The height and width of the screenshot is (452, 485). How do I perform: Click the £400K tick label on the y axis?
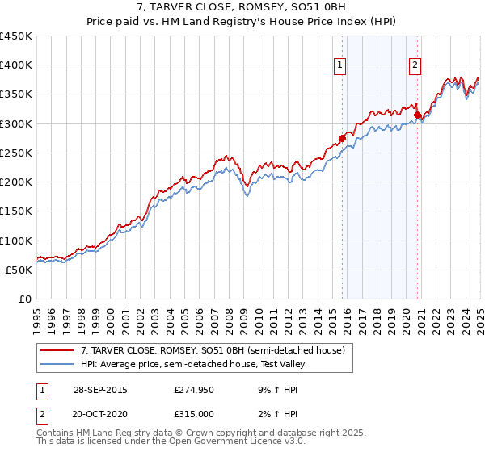tap(16, 65)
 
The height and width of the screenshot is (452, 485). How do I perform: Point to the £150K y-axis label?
tap(16, 211)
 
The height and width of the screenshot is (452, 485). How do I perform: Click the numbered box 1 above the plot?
tap(339, 66)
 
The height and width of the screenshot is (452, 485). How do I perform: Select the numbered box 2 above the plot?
tap(415, 66)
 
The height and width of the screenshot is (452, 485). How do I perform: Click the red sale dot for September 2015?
tap(342, 138)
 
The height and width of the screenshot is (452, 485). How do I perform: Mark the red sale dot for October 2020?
tap(417, 115)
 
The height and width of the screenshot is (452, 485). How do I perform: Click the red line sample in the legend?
tap(58, 350)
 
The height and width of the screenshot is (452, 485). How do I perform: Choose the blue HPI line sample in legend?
tap(58, 364)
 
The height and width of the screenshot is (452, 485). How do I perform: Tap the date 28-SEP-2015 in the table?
tap(100, 389)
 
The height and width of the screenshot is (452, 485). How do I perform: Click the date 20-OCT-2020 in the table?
tap(100, 414)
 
